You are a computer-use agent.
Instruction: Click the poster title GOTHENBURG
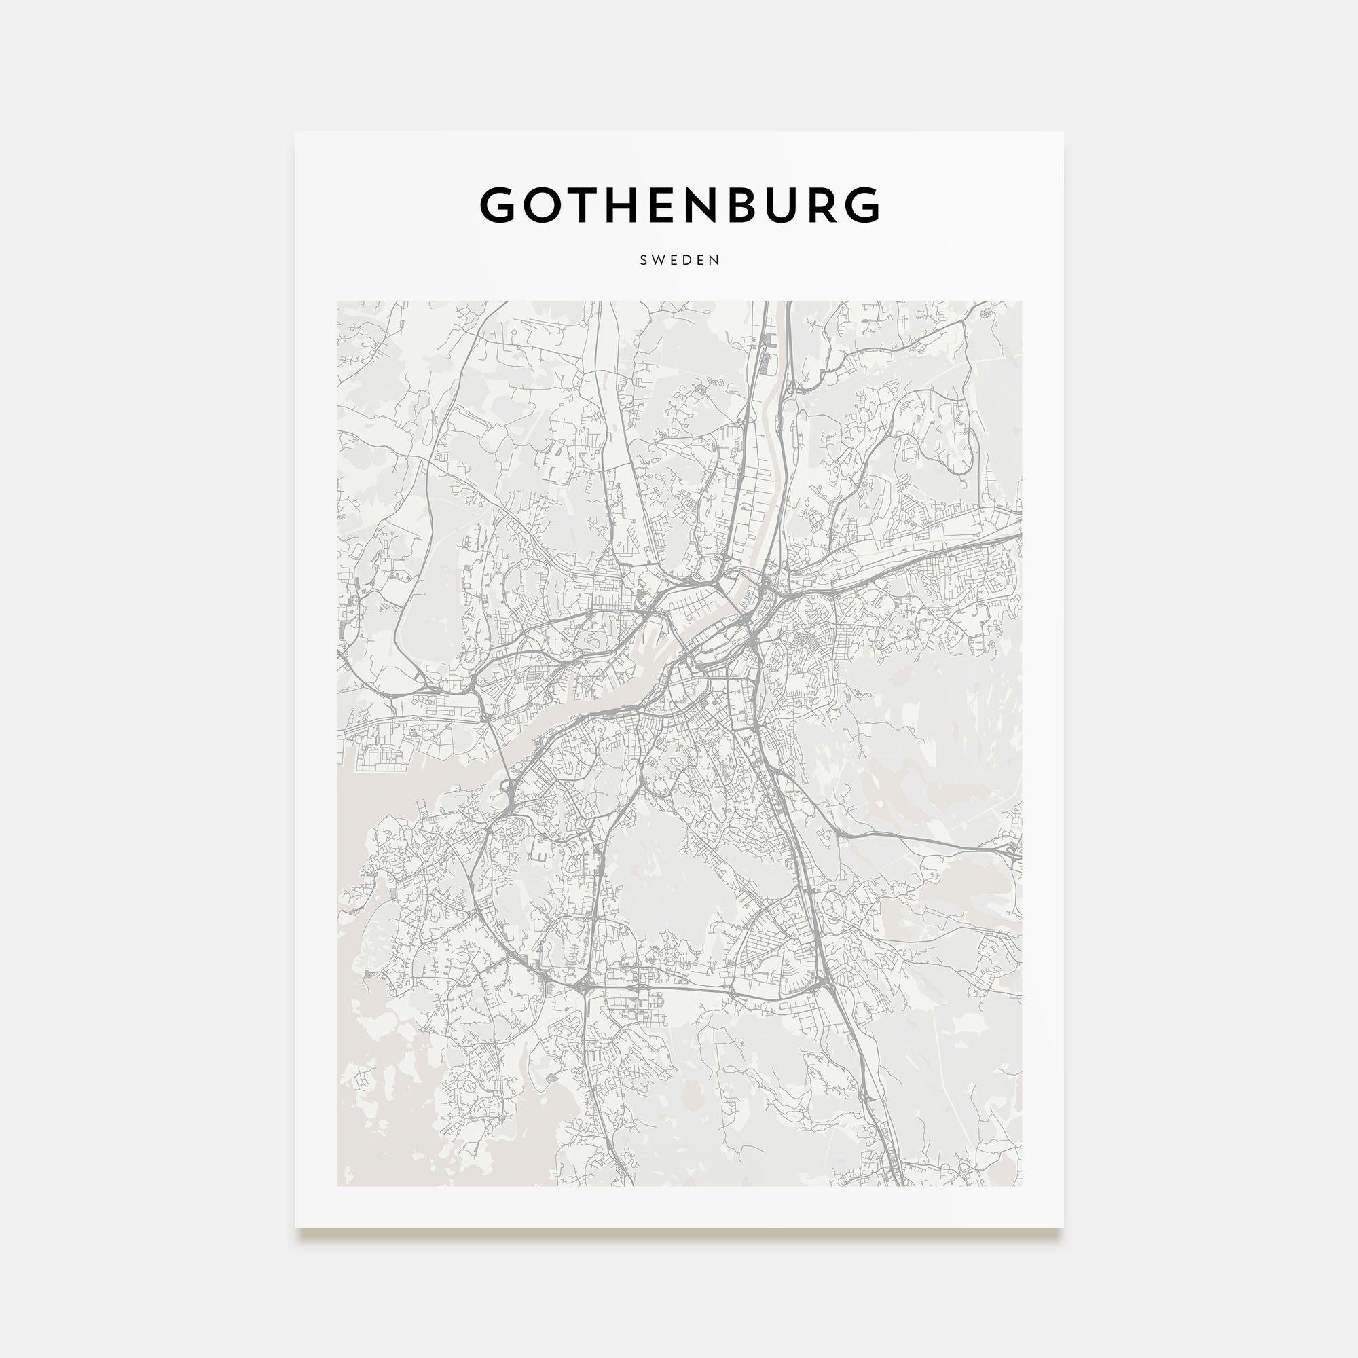679,205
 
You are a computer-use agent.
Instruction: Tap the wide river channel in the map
612,693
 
